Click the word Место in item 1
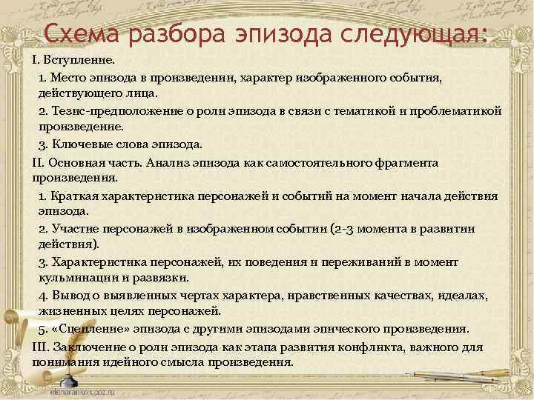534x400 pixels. (x=67, y=76)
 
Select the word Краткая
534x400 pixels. (x=77, y=196)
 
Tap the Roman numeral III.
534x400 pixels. (x=40, y=346)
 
